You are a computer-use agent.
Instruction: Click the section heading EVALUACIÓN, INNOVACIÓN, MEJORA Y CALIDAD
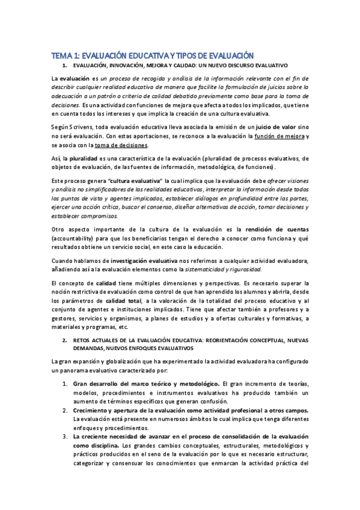180,64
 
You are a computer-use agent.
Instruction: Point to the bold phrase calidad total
124,300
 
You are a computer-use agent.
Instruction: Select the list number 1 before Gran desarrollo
65,383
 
